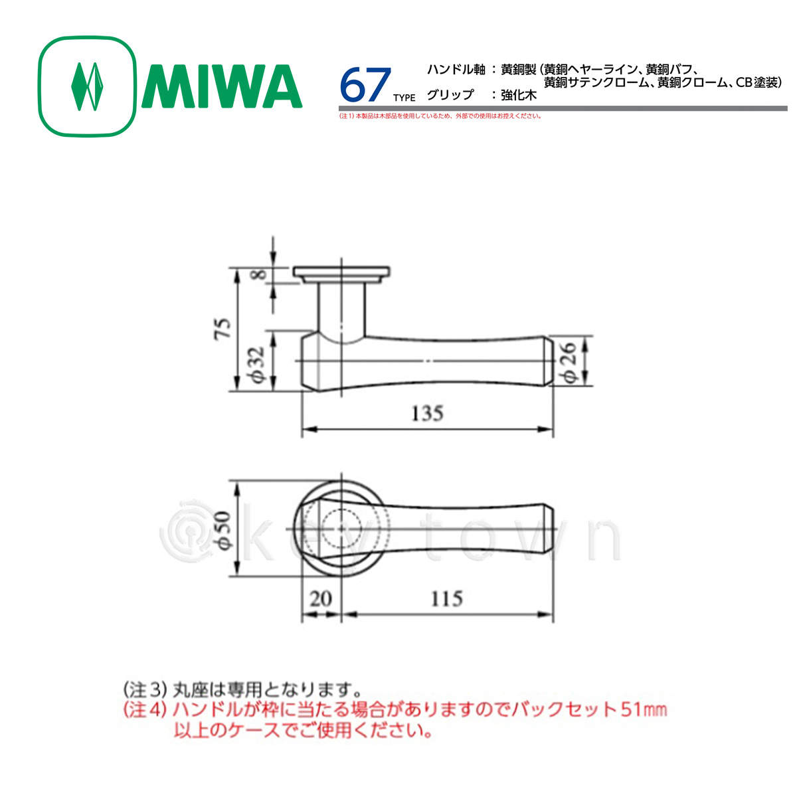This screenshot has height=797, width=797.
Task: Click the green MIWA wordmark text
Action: (x=222, y=87)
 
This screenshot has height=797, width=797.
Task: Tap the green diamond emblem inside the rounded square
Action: (x=88, y=87)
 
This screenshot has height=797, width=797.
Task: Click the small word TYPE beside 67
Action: (x=404, y=98)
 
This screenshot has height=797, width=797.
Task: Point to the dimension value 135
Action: (x=426, y=413)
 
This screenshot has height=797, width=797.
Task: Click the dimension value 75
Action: (x=224, y=329)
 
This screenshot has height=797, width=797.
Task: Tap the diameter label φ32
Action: (x=259, y=364)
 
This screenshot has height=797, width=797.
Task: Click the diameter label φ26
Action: (x=568, y=363)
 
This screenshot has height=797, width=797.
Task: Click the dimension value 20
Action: (x=321, y=598)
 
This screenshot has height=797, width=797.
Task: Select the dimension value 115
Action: (x=446, y=598)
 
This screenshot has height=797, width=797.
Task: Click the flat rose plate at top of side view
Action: (x=341, y=274)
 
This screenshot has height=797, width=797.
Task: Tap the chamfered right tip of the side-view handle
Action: (x=549, y=360)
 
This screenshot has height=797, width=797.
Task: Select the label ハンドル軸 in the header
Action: (x=457, y=69)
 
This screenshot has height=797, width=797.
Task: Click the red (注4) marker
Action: (x=144, y=709)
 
